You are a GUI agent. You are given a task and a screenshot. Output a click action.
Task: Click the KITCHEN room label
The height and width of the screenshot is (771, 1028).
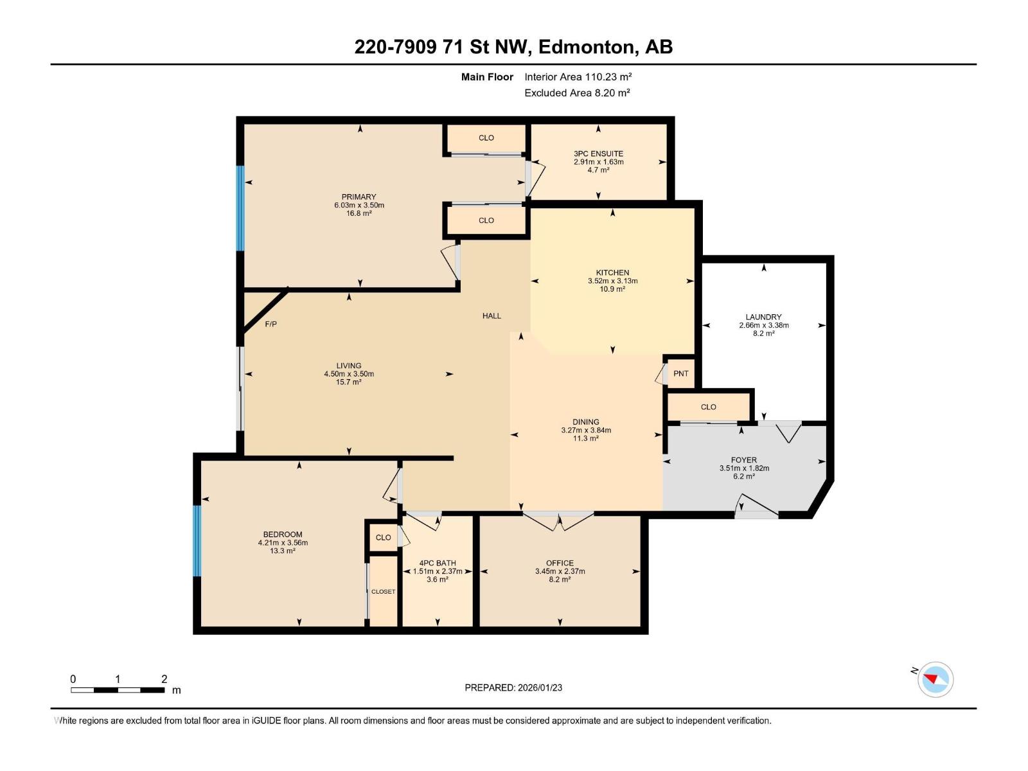(x=612, y=272)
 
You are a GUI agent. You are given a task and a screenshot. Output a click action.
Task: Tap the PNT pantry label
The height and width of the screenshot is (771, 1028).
(x=681, y=373)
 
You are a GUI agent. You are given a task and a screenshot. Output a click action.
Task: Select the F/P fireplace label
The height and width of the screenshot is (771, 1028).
(x=271, y=324)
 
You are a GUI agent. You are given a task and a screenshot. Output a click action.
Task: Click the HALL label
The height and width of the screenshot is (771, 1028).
(x=492, y=315)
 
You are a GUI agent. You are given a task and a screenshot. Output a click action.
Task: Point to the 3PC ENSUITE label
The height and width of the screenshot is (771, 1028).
(x=598, y=154)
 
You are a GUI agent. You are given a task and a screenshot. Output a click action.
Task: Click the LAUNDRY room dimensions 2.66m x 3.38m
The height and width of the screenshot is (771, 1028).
(x=763, y=325)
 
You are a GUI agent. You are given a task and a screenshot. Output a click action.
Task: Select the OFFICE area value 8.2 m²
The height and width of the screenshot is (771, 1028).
(x=560, y=580)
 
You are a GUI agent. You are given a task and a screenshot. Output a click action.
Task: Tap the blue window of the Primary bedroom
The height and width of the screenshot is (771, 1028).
(x=241, y=208)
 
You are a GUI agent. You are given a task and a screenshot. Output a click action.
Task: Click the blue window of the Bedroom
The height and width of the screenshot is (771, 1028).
(x=197, y=540)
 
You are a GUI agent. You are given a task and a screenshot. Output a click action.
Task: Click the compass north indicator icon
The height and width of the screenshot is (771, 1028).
(x=935, y=679)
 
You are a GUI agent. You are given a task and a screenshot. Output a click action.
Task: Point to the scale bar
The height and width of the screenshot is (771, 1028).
(x=118, y=690)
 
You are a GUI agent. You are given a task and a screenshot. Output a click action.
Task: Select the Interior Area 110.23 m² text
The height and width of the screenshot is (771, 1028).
(x=578, y=76)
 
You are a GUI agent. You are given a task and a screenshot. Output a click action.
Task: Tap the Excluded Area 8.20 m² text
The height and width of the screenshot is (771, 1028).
(x=576, y=93)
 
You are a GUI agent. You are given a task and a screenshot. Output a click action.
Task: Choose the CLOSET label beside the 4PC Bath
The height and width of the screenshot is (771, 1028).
(x=383, y=591)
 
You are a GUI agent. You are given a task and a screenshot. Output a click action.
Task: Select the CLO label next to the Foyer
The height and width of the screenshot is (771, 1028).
(x=708, y=407)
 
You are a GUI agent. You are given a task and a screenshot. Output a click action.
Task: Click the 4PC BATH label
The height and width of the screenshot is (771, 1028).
(x=437, y=563)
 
